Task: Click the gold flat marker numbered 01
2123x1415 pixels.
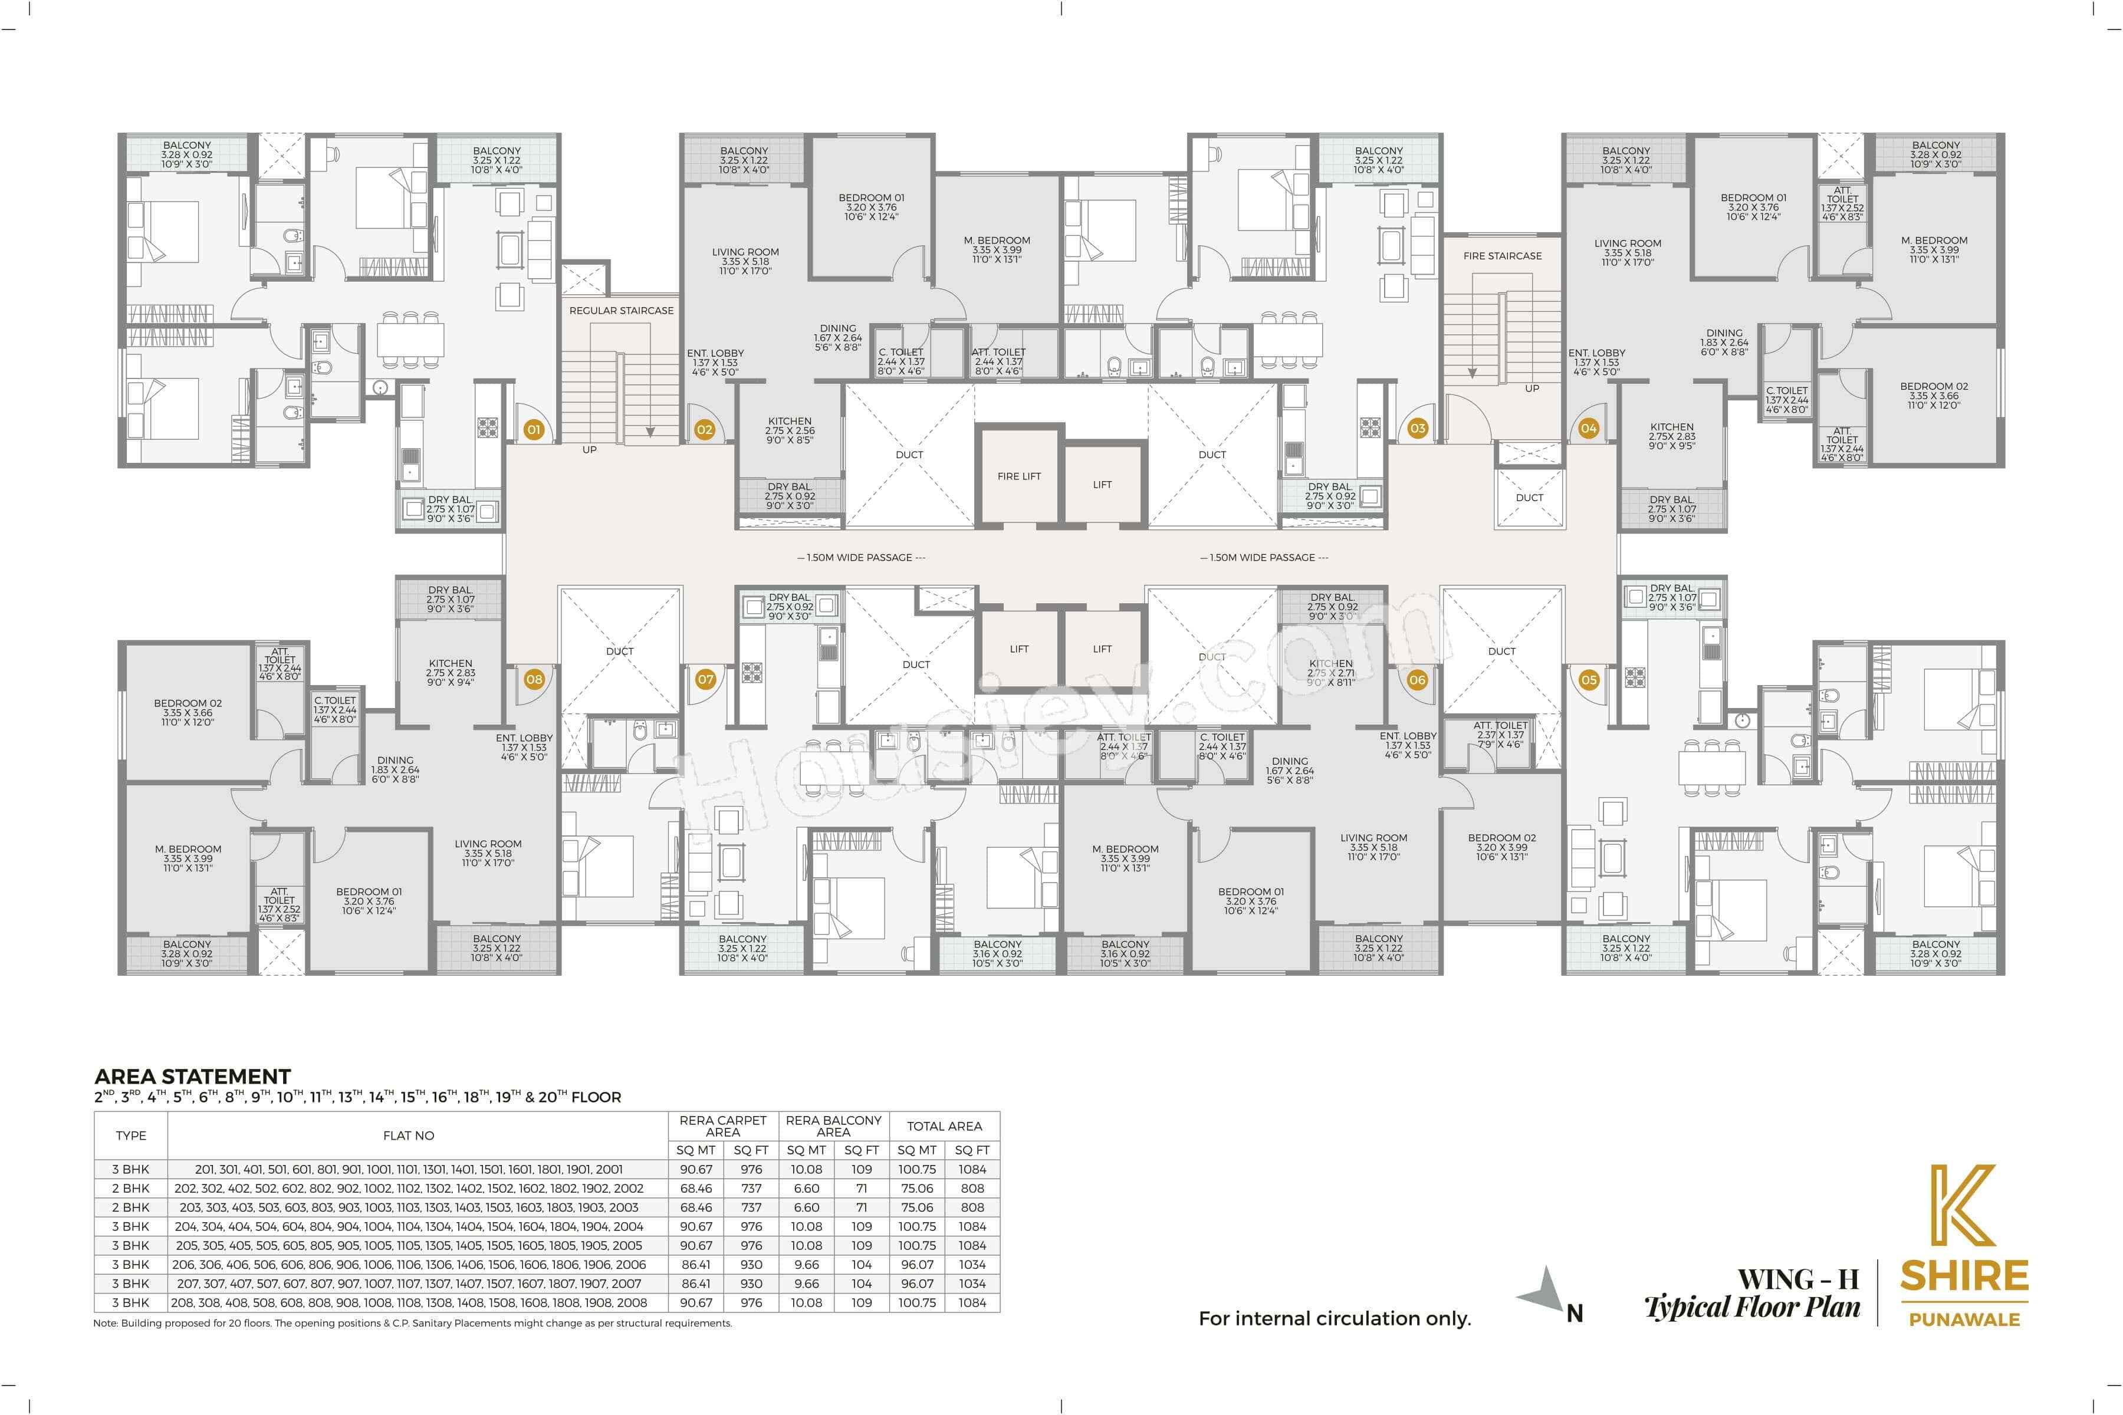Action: [534, 430]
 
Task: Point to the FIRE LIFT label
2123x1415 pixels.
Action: [1019, 476]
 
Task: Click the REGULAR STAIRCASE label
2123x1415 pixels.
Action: [621, 311]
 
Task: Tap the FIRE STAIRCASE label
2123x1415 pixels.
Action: [1502, 256]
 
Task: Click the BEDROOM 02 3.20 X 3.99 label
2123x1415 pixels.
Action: [1501, 847]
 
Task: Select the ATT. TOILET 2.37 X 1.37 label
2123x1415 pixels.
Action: [1500, 735]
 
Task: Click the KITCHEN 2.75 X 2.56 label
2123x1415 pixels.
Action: [790, 430]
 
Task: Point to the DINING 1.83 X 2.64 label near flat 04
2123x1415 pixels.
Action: [1724, 342]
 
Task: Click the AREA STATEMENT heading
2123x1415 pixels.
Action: [192, 1077]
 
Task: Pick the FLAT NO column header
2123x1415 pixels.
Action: [409, 1136]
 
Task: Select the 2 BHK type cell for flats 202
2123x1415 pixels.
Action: [131, 1189]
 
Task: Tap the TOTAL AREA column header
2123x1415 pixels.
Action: [944, 1126]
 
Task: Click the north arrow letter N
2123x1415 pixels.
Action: [1574, 1314]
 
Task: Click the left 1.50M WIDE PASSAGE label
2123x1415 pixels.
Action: [861, 558]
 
